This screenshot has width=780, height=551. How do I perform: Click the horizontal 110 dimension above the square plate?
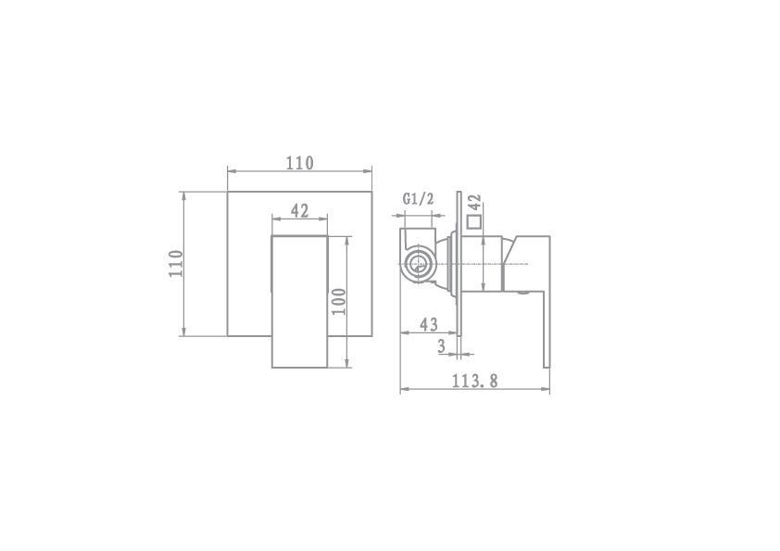pyautogui.click(x=299, y=163)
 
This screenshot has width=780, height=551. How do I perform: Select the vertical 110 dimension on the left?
pyautogui.click(x=176, y=264)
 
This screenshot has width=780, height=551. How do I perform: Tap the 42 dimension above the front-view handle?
pyautogui.click(x=299, y=211)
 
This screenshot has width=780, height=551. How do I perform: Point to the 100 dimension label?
pyautogui.click(x=339, y=301)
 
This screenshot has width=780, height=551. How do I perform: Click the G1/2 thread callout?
pyautogui.click(x=419, y=199)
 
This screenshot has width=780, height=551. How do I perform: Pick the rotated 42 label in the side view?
pyautogui.click(x=475, y=203)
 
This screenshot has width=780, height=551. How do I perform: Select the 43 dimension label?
pyautogui.click(x=429, y=324)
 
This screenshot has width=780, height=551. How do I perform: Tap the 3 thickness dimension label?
pyautogui.click(x=441, y=346)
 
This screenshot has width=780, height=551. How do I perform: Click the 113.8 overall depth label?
pyautogui.click(x=474, y=381)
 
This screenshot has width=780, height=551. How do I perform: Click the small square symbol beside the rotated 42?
pyautogui.click(x=474, y=222)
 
